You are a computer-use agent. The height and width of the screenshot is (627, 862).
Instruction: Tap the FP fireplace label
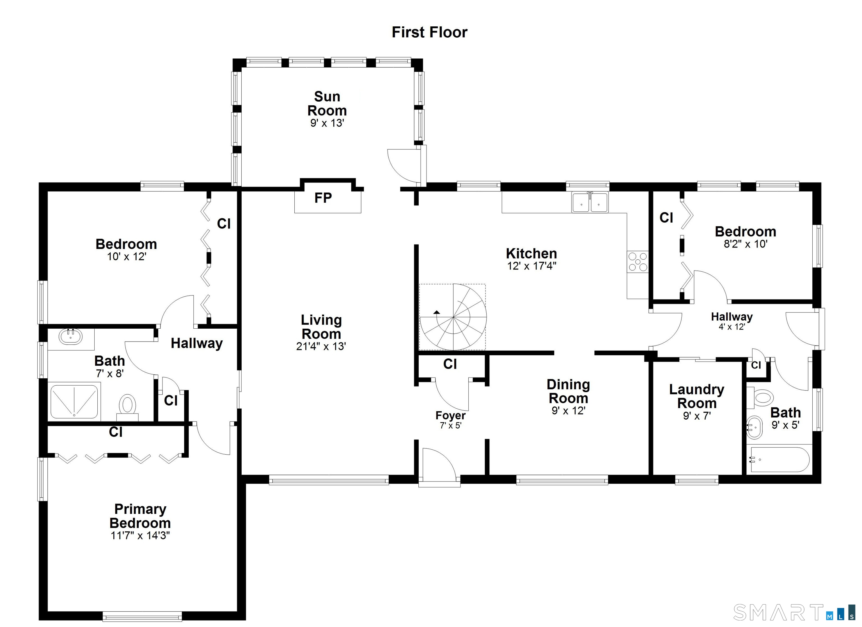[323, 198]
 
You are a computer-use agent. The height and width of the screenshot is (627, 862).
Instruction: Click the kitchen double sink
[590, 202]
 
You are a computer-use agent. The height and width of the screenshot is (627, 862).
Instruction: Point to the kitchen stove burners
[637, 262]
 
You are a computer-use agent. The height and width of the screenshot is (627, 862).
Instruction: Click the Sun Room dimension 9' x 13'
[327, 123]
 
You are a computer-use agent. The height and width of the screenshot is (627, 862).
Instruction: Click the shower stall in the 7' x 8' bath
[74, 402]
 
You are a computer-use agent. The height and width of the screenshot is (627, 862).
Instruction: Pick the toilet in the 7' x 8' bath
[127, 406]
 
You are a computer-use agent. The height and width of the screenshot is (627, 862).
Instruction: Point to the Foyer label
[450, 416]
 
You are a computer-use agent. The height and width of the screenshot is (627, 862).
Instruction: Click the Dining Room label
[568, 391]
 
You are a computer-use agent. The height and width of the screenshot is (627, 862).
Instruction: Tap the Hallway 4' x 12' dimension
[732, 327]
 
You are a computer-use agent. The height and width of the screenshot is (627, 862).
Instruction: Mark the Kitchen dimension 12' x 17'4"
[531, 266]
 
